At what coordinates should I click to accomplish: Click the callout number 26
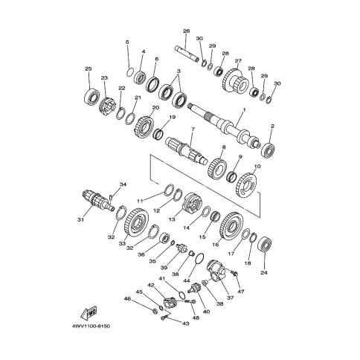tap(187, 31)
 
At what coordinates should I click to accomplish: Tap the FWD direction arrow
tap(89, 314)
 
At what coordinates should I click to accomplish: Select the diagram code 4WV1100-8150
tap(91, 326)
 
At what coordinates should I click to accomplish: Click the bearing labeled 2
tap(268, 150)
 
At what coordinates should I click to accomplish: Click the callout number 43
tap(186, 324)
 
